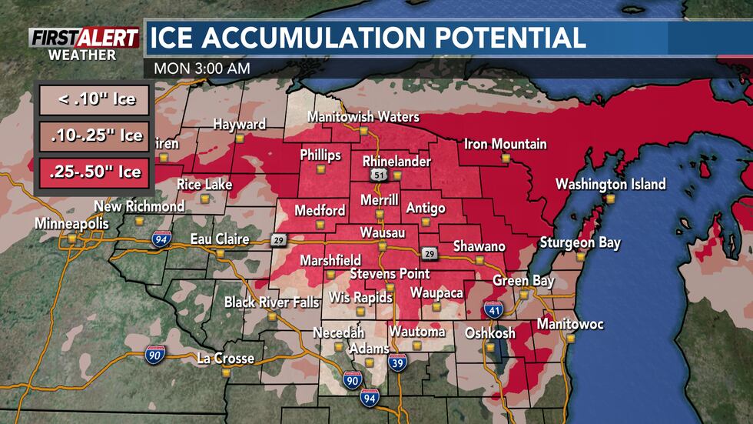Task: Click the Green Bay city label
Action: coord(523,281)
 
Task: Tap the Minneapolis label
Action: coord(71,224)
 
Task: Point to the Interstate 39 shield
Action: coord(397,362)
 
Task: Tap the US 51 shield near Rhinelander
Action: coord(377,176)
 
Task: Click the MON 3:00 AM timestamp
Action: coord(201,68)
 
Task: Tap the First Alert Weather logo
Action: coord(84,43)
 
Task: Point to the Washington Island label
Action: coord(610,185)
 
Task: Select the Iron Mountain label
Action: coord(505,144)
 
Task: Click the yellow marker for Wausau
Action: coord(382,246)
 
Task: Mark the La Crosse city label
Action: coord(225,359)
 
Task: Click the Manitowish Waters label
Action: coord(363,117)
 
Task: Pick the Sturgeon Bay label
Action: coord(579,243)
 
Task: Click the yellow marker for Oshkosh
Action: coord(490,347)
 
